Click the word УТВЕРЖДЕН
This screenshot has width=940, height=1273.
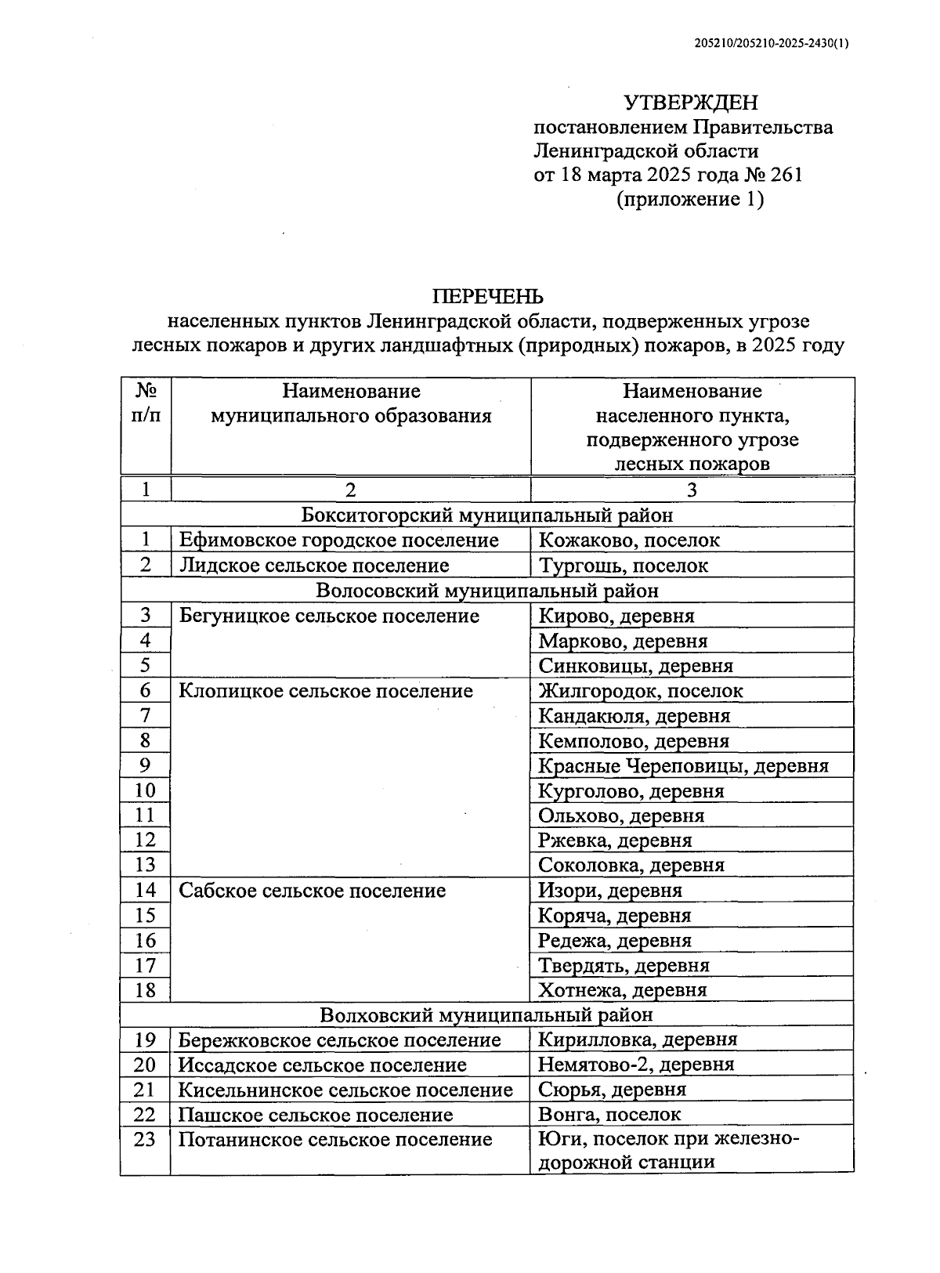(690, 103)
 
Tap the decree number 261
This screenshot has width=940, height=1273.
(786, 174)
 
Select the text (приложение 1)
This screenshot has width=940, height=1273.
(690, 199)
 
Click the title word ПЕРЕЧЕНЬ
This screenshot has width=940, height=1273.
(488, 296)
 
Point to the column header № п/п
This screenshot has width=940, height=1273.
(146, 403)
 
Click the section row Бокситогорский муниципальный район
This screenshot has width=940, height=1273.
(487, 515)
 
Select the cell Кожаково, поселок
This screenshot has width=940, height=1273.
(629, 540)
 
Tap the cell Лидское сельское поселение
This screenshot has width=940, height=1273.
(314, 565)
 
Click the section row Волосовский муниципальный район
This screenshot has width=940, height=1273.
(487, 590)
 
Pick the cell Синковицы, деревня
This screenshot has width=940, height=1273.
(635, 666)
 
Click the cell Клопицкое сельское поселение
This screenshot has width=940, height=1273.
(326, 691)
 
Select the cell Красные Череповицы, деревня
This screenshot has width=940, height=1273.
(683, 765)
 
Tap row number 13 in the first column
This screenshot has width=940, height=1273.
(146, 865)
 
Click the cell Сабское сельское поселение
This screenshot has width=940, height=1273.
(312, 891)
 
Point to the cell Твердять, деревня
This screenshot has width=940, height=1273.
(624, 965)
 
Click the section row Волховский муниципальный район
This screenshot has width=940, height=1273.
(487, 1015)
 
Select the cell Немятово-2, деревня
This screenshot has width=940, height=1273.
(636, 1065)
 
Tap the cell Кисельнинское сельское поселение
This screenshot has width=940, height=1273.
(345, 1090)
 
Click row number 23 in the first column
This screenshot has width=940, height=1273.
(146, 1139)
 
